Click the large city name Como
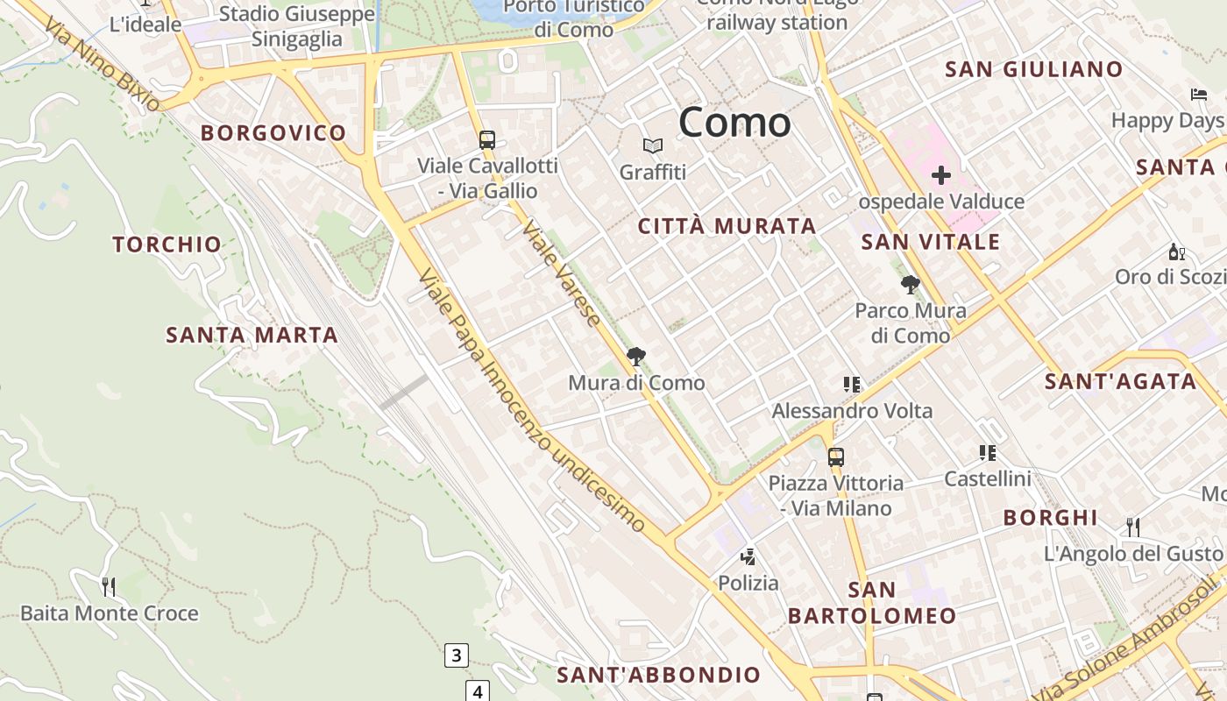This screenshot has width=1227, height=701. point(734,122)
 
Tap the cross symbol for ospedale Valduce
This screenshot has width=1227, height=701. point(941,175)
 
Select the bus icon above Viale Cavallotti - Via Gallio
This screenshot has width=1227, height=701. point(486,139)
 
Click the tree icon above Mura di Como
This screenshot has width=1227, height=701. point(636,357)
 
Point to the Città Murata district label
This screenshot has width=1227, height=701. point(727,226)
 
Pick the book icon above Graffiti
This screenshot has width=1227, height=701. point(653,145)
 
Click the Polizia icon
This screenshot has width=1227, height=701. point(748,556)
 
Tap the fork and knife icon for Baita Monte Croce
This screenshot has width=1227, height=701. point(109,586)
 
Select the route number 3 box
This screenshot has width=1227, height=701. point(456,655)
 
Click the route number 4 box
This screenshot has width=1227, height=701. point(478,691)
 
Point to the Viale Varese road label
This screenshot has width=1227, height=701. point(562,274)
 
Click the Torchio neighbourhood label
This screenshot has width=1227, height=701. point(167,244)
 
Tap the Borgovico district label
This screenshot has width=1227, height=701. point(273,133)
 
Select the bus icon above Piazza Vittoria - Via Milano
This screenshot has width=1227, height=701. point(836,457)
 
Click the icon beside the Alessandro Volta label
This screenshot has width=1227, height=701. point(851,384)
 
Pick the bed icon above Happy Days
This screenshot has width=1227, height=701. point(1198,95)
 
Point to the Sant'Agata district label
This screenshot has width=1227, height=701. point(1120,381)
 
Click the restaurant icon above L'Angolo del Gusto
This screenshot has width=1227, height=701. point(1133,527)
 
